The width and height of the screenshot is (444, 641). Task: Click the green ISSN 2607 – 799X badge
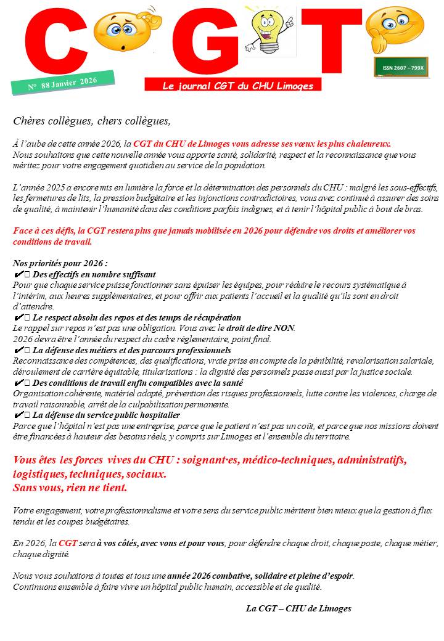pyautogui.click(x=401, y=67)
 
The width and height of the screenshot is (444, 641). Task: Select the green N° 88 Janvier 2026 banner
pyautogui.click(x=63, y=83)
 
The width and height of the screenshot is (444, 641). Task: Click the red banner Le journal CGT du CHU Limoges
pyautogui.click(x=238, y=86)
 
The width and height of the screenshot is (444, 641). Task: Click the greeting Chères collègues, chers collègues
pyautogui.click(x=91, y=120)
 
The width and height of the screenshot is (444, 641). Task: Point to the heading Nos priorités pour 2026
pyautogui.click(x=60, y=263)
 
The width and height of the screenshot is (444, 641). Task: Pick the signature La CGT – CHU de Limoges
pyautogui.click(x=298, y=608)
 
